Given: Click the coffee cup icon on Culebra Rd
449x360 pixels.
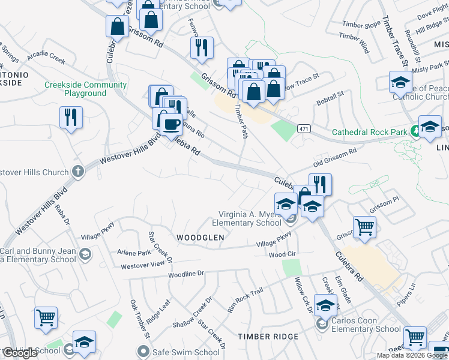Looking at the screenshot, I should tap(171, 124).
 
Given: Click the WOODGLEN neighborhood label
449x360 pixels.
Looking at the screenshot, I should tap(200, 238).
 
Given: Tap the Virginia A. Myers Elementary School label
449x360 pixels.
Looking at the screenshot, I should tap(246, 218).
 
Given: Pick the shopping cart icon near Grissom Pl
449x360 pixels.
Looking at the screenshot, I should tap(364, 227).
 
